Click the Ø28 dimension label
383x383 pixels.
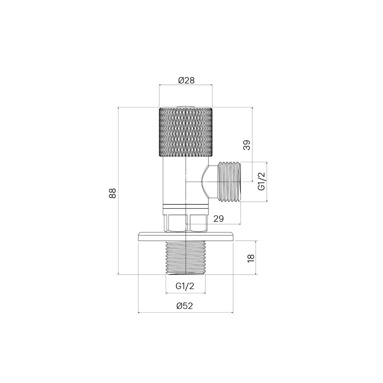187,81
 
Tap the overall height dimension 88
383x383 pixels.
112,193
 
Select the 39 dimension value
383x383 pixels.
247,145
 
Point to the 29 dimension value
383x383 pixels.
218,218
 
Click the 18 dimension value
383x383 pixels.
251,258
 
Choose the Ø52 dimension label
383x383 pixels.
185,306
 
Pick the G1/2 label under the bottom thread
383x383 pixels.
185,286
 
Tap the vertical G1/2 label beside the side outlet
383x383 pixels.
261,181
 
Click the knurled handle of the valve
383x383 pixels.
185,132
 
